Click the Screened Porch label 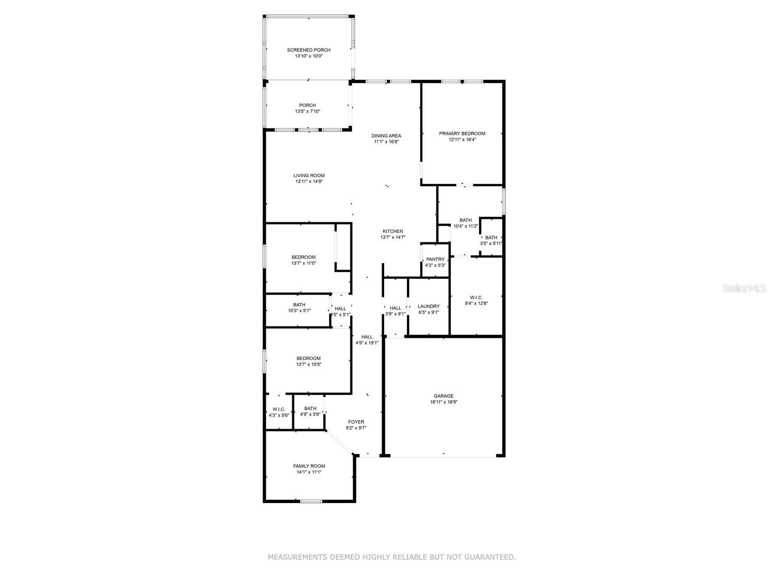(309, 50)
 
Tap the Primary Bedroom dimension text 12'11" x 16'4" (462, 140)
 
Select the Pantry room (435, 262)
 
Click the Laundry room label (428, 306)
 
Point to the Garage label (444, 396)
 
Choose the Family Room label (309, 466)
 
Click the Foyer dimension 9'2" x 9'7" (356, 428)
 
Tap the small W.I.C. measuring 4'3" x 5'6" (279, 412)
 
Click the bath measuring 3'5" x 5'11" (491, 240)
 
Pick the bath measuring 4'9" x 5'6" (310, 411)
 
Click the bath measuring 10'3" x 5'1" (299, 308)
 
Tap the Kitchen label (393, 231)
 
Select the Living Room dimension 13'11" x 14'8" (309, 181)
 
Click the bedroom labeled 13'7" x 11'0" (303, 260)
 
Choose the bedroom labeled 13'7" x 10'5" (308, 361)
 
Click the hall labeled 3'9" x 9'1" (395, 311)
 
